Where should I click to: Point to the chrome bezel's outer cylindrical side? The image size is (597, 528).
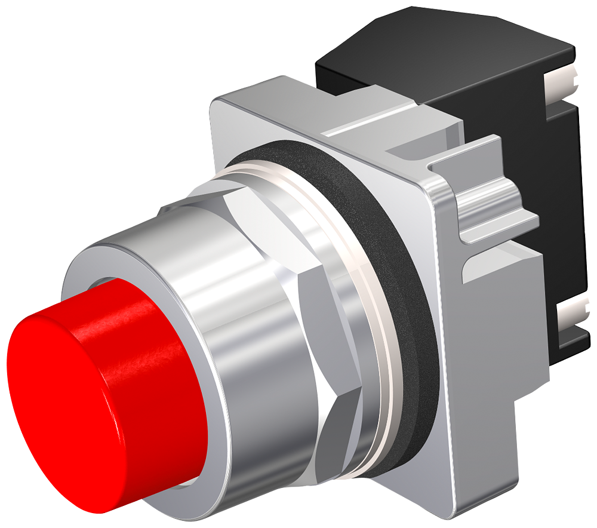[x=257, y=334]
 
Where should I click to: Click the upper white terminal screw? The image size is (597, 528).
[x=564, y=84]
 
